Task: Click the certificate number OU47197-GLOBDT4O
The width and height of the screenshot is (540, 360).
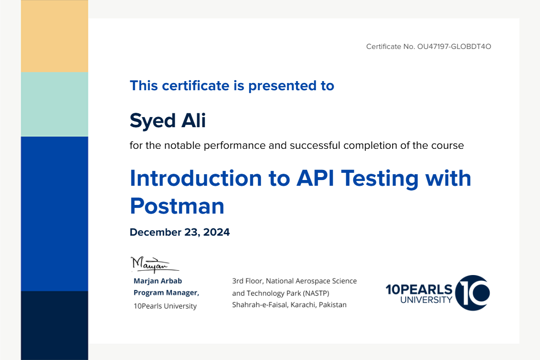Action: (x=454, y=47)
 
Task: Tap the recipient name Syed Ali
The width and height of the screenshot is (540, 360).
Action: (x=168, y=120)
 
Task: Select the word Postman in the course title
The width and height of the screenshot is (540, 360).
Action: (x=177, y=206)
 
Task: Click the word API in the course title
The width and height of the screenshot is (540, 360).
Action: (x=315, y=178)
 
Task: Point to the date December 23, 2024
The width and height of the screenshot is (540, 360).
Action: (x=180, y=232)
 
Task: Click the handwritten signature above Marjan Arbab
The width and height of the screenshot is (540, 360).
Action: (x=155, y=264)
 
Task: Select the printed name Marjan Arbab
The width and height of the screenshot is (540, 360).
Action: (x=158, y=281)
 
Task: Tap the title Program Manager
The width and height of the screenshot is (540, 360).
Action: (x=167, y=293)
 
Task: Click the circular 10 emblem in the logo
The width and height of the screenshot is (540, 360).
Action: (x=472, y=293)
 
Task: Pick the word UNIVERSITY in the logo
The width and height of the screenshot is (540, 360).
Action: (x=426, y=300)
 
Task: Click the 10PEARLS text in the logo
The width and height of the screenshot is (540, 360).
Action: (x=419, y=289)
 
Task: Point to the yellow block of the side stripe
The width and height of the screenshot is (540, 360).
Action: (x=54, y=36)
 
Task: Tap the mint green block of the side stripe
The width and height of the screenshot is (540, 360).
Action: (x=54, y=104)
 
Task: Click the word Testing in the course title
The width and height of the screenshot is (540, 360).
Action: (x=380, y=179)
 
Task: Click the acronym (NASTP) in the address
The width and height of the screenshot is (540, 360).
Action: (x=316, y=293)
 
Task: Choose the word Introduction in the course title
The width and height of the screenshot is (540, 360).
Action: (x=196, y=178)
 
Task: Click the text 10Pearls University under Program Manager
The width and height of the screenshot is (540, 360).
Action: (x=165, y=306)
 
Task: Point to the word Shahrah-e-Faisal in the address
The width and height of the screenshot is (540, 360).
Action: (x=260, y=305)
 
